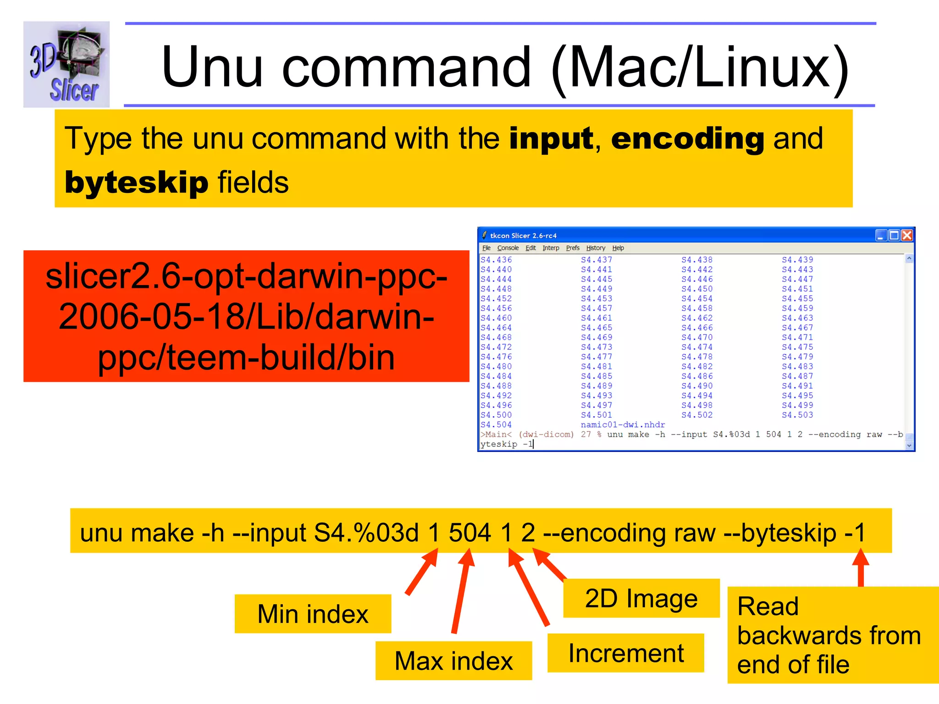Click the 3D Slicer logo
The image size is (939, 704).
pyautogui.click(x=66, y=64)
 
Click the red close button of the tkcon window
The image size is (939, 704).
pyautogui.click(x=907, y=236)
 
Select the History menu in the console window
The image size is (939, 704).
pyautogui.click(x=596, y=248)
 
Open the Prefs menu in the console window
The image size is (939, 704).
pyautogui.click(x=573, y=248)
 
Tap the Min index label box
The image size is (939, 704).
pyautogui.click(x=313, y=614)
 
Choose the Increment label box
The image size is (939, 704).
pyautogui.click(x=626, y=653)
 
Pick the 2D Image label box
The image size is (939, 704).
pyautogui.click(x=641, y=599)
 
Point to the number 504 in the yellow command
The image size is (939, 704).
pyautogui.click(x=469, y=533)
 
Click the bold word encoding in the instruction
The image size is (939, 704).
pyautogui.click(x=687, y=139)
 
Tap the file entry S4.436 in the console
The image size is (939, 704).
pyautogui.click(x=496, y=260)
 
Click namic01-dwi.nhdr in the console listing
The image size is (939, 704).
pyautogui.click(x=623, y=425)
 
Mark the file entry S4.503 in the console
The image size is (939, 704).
pyautogui.click(x=797, y=415)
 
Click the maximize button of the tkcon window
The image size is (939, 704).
pyautogui.click(x=894, y=236)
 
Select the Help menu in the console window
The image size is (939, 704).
pyautogui.click(x=618, y=248)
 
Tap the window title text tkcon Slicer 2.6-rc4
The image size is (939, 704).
pyautogui.click(x=523, y=236)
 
